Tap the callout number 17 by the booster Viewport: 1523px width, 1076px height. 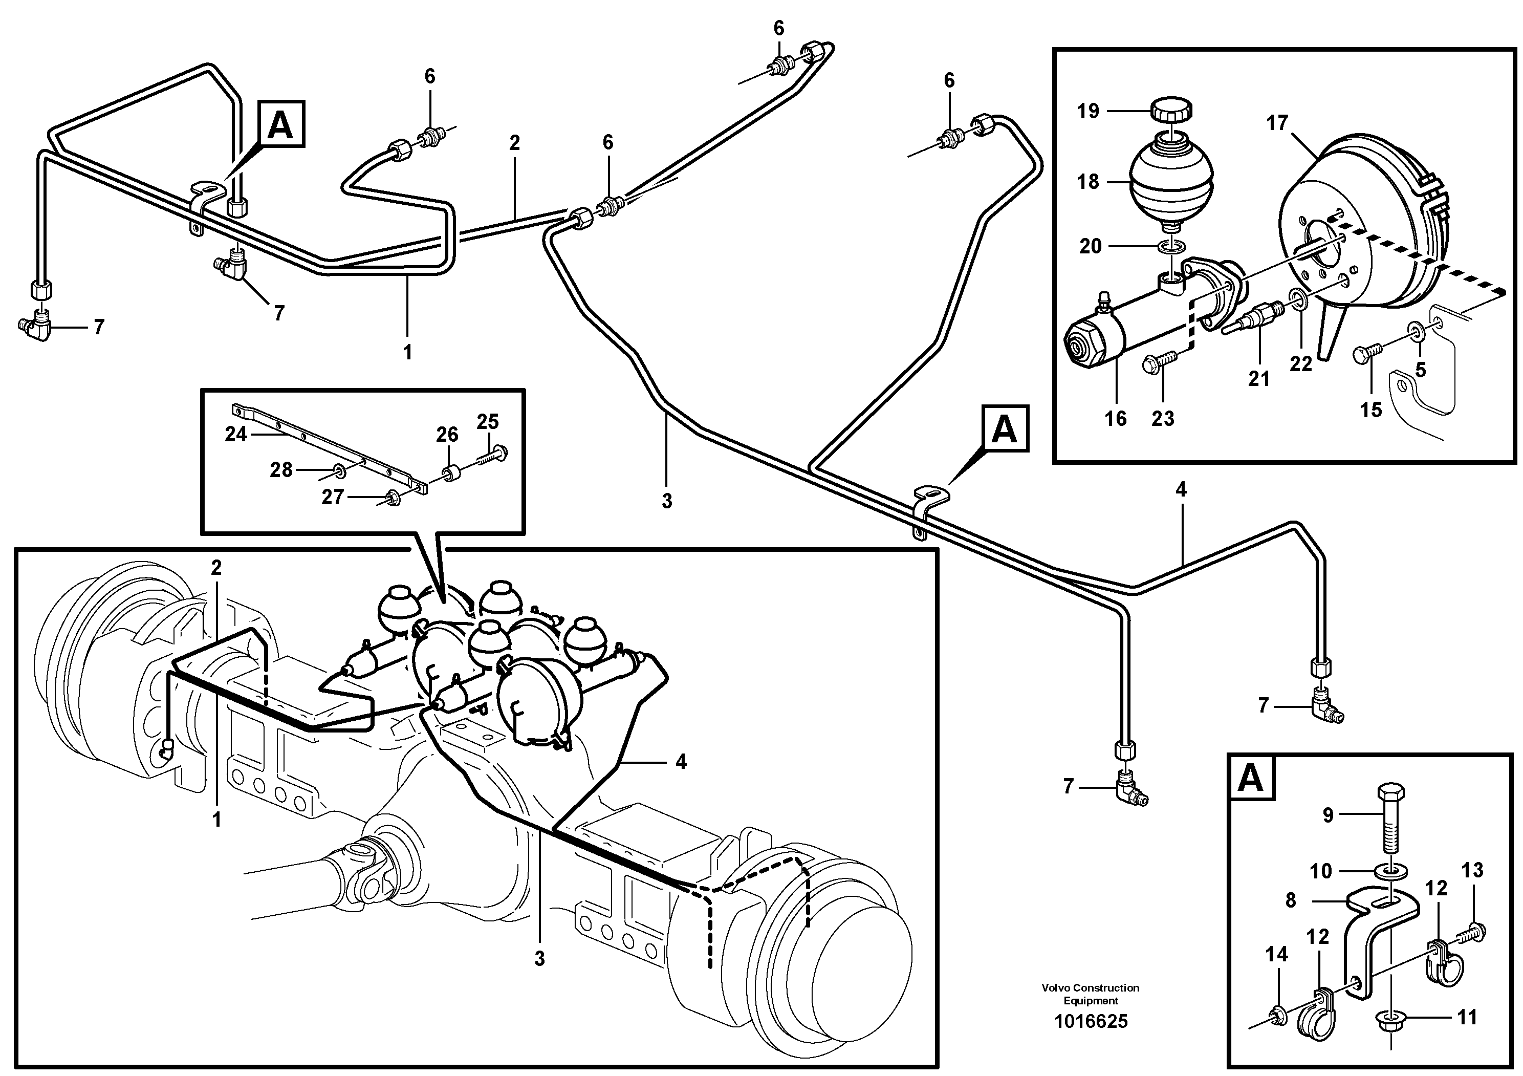coord(1276,123)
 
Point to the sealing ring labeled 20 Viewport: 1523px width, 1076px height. coord(1172,247)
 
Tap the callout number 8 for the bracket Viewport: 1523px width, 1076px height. coord(1290,901)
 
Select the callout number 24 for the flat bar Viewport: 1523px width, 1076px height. coord(235,435)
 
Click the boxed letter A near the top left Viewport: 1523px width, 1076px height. coord(280,124)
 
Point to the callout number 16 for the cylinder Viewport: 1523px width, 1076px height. coord(1115,419)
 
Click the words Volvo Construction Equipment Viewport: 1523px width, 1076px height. coord(1091,994)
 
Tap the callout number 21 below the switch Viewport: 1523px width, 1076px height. coord(1258,379)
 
